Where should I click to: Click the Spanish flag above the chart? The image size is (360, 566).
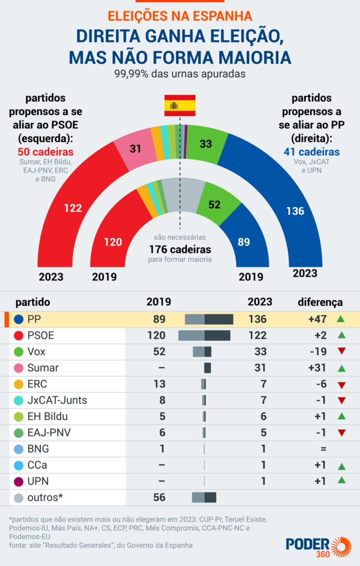(179, 106)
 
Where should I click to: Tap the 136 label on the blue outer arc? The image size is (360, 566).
(295, 211)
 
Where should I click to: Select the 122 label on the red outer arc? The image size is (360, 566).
(73, 208)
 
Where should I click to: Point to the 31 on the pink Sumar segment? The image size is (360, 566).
(136, 148)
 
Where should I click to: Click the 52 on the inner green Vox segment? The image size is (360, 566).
(215, 205)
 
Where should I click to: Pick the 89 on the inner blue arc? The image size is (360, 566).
(243, 242)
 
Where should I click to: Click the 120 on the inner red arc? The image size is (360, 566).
(113, 242)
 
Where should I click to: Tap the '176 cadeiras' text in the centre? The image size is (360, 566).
(180, 249)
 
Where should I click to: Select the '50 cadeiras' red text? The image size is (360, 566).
(42, 152)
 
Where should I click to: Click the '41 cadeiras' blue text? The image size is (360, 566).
(312, 151)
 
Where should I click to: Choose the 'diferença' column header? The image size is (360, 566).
(320, 302)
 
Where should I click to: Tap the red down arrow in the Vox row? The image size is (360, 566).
(341, 352)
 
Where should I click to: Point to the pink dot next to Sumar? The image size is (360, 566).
(19, 368)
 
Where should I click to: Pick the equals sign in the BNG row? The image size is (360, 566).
(324, 449)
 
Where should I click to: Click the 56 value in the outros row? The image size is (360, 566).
(159, 497)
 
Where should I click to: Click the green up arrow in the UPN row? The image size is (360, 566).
(341, 481)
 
